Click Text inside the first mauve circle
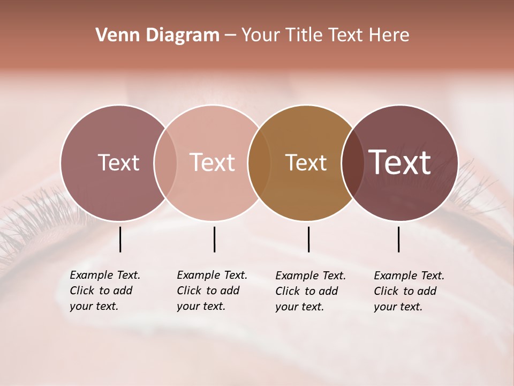[x=118, y=162]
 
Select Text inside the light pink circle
[x=213, y=162]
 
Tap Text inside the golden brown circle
[x=306, y=162]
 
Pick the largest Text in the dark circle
[x=400, y=162]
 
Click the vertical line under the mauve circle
[x=120, y=239]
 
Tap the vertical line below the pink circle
[x=214, y=239]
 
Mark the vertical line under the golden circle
[x=308, y=239]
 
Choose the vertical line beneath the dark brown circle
[x=399, y=239]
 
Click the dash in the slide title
[x=230, y=36]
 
